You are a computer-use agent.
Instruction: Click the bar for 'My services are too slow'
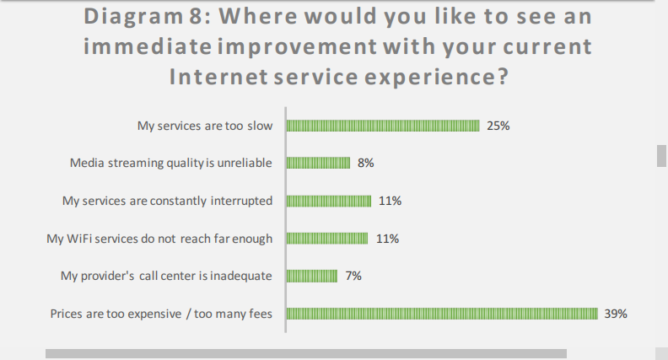point(383,126)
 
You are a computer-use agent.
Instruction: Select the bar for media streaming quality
point(318,163)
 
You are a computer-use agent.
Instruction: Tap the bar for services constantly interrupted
point(329,201)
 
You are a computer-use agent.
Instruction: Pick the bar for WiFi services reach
point(327,239)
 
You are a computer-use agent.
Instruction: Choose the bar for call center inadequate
point(312,276)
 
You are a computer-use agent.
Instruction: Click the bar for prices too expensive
point(442,314)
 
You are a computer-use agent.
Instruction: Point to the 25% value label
point(498,126)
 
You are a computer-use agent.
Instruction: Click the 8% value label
point(365,163)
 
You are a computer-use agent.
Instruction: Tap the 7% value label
point(353,276)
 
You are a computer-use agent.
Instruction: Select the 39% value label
point(616,314)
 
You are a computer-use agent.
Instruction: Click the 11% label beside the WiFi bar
point(387,239)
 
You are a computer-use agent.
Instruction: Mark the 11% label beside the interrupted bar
point(390,201)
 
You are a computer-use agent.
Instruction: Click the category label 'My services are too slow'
point(205,126)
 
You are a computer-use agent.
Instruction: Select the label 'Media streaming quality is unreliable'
point(170,163)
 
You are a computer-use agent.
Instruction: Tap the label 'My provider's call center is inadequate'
point(166,276)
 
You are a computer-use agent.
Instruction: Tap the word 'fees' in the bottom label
point(261,314)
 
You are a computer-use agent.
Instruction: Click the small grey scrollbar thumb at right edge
point(662,156)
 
